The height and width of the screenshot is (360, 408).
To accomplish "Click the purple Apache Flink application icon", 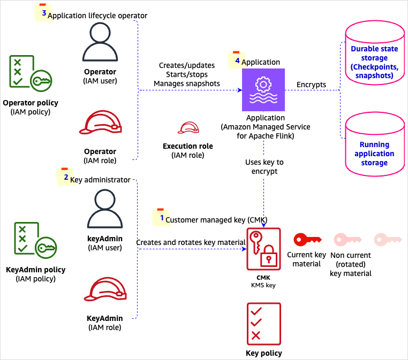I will tap(263, 90).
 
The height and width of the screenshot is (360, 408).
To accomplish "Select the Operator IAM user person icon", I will tap(100, 44).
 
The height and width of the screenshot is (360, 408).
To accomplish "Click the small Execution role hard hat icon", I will tap(188, 128).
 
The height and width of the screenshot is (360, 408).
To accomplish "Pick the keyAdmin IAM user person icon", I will tap(105, 210).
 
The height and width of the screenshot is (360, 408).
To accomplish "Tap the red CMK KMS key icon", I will tap(263, 249).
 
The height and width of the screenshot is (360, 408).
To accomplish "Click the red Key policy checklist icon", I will tap(263, 323).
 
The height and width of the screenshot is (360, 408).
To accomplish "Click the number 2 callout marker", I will tap(64, 177).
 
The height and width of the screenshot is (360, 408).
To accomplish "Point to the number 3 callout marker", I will tap(42, 13).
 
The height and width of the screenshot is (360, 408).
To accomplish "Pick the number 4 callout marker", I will tap(236, 59).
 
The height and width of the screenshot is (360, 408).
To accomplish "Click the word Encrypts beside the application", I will tap(311, 85).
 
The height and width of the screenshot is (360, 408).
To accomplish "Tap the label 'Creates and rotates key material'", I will tap(191, 242).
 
